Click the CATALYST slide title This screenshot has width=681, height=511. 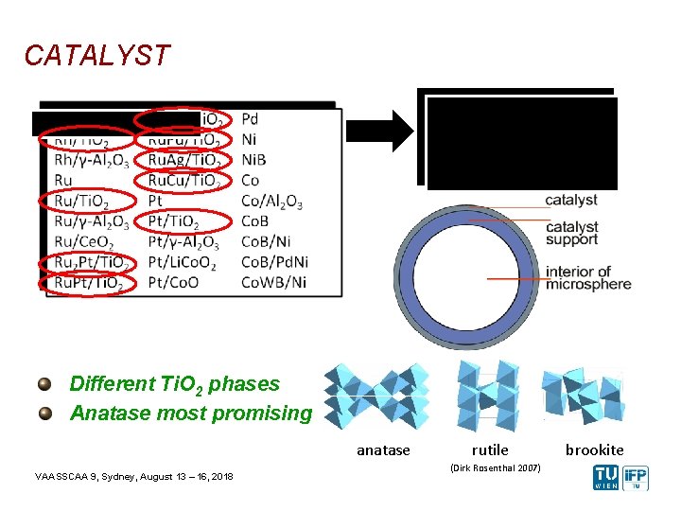[97, 56]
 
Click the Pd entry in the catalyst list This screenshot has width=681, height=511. [250, 119]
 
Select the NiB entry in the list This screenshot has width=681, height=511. [253, 160]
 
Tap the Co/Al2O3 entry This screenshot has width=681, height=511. [271, 201]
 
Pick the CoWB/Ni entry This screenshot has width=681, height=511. [273, 282]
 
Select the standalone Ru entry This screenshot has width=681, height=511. [64, 180]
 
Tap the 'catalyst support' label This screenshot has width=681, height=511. [571, 233]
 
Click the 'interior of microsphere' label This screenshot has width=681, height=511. [587, 278]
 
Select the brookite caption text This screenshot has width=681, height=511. [595, 450]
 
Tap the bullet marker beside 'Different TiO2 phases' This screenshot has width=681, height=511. [45, 384]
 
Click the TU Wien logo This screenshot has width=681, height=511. [605, 478]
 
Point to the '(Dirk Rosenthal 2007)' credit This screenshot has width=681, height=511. [495, 468]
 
